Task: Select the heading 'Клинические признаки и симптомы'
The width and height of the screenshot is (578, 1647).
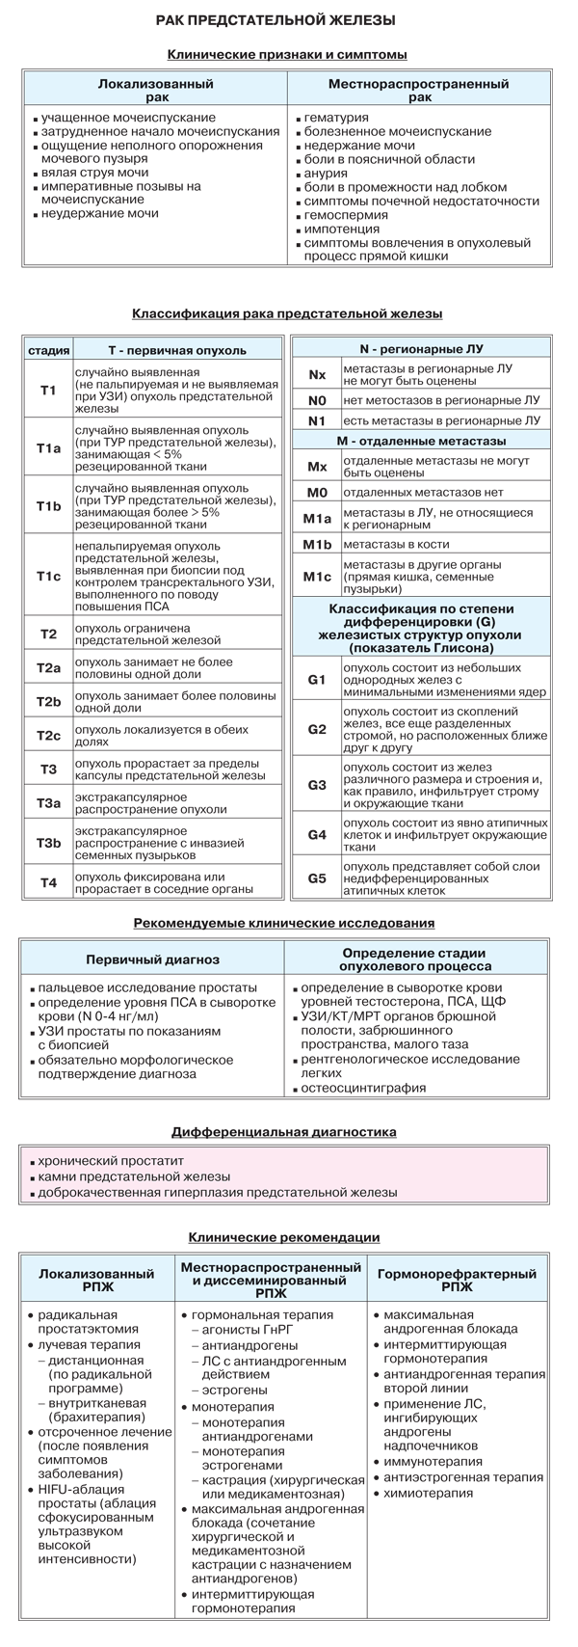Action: pyautogui.click(x=286, y=55)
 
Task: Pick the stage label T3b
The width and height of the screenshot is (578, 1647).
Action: pyautogui.click(x=48, y=843)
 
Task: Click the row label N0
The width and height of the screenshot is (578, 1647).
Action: pyautogui.click(x=317, y=399)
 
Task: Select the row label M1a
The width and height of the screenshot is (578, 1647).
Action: pyautogui.click(x=317, y=520)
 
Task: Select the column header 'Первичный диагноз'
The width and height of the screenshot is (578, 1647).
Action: pyautogui.click(x=152, y=959)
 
